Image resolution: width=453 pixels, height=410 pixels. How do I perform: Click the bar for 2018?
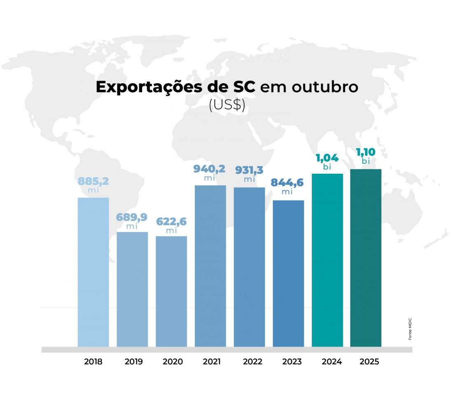tap(93, 272)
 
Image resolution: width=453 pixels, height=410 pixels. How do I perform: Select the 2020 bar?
tap(171, 291)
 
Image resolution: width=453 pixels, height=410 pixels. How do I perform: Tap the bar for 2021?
tap(210, 266)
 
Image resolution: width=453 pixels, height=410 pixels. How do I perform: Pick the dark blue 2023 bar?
tap(288, 273)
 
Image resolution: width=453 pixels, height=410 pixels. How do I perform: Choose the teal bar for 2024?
tap(327, 260)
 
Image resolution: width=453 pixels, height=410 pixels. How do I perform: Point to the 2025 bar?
tap(366, 258)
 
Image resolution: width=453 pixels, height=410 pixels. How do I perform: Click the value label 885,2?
tap(93, 182)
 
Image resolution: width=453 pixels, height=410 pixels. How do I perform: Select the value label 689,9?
tap(132, 217)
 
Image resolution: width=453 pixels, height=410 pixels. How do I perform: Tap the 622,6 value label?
tap(171, 221)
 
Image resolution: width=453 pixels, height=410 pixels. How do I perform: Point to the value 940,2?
tap(210, 169)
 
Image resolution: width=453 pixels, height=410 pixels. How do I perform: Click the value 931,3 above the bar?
tap(250, 170)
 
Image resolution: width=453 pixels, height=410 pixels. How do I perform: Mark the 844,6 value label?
tap(287, 182)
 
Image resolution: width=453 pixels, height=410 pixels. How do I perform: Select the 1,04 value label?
tap(327, 158)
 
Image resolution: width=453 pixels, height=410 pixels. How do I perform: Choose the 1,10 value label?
tap(366, 153)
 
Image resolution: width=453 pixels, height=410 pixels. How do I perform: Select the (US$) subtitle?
tap(227, 106)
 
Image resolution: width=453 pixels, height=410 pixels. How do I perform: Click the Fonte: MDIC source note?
tap(410, 328)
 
